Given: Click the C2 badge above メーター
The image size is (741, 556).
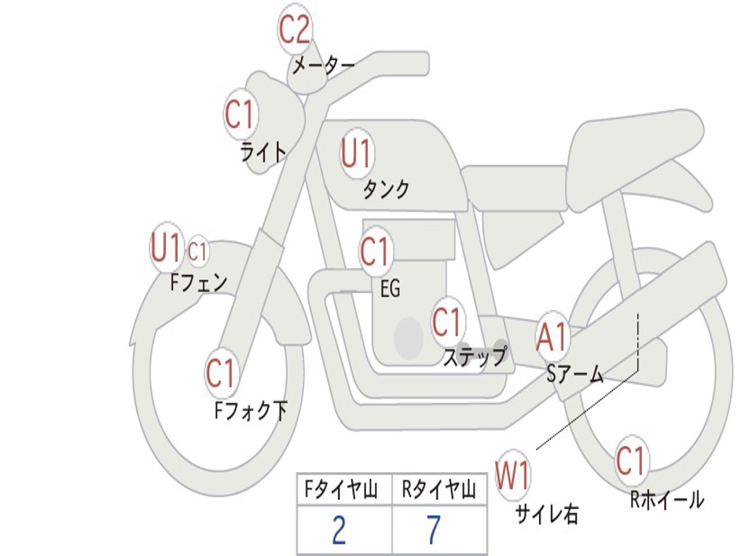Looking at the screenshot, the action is [295, 30].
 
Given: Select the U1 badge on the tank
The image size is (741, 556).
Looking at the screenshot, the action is [356, 153].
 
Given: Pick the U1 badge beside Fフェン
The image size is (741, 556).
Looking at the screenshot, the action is [166, 248].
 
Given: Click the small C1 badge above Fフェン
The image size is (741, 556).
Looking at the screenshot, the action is [197, 252].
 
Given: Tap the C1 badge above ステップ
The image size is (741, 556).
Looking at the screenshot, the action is [446, 322].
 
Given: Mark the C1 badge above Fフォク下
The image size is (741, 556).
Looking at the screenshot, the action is [221, 374].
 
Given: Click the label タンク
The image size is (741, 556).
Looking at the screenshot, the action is [386, 190].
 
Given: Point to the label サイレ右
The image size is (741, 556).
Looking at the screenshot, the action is [547, 514].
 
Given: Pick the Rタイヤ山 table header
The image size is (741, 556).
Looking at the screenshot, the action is [439, 492].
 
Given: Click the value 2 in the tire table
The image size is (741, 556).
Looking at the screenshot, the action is [339, 531].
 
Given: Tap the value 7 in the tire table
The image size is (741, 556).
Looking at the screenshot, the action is [433, 531].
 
